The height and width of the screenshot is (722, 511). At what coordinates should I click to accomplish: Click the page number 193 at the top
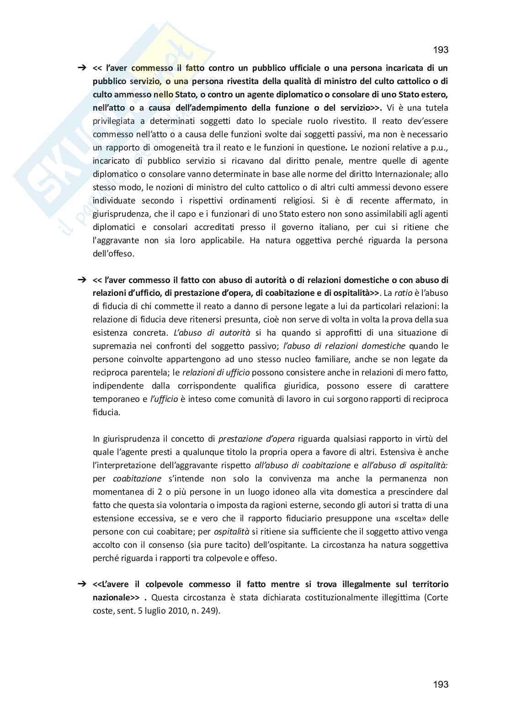pyautogui.click(x=440, y=49)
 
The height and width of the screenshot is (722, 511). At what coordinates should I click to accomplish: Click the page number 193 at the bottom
pyautogui.click(x=440, y=685)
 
